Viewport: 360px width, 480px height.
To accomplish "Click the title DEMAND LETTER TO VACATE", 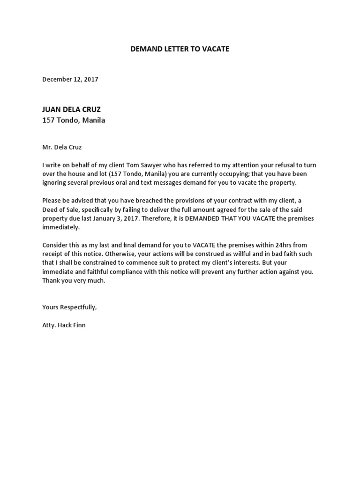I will point(180,49).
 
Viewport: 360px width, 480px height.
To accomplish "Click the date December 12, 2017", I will point(70,79).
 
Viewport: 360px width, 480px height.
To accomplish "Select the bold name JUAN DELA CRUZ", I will point(71,110).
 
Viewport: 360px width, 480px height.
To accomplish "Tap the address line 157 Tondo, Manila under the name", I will point(74,120).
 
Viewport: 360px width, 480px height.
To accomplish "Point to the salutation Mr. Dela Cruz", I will point(62,147).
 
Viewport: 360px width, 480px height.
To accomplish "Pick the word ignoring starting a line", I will point(54,182).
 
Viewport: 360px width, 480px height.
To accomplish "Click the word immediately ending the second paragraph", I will point(61,227).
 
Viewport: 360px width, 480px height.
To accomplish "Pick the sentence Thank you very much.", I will point(74,280).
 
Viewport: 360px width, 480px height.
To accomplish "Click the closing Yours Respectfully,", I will point(69,307).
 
